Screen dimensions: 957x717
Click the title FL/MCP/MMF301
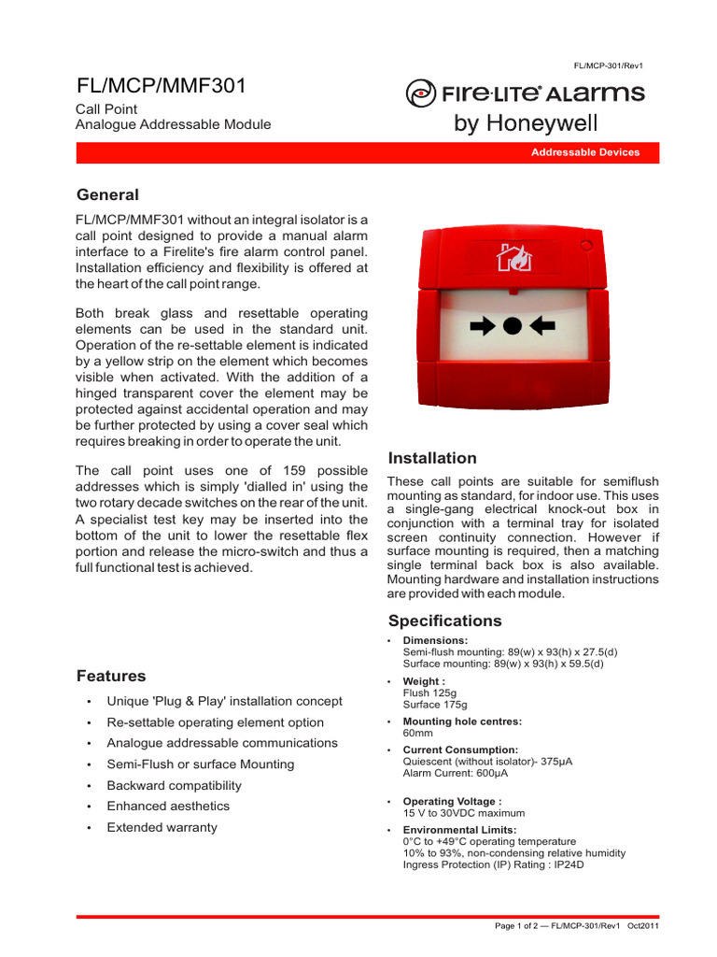161,87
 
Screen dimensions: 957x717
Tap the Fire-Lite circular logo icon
420,94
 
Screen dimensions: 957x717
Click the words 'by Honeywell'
526,123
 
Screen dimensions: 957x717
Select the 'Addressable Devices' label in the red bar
585,152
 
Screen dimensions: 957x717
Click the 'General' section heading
107,195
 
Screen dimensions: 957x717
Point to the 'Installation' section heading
431,458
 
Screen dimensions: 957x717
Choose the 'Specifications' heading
444,621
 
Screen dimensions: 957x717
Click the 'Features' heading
111,676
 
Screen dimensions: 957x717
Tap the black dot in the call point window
512,325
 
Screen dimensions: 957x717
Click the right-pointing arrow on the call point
484,325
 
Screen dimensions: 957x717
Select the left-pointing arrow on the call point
541,325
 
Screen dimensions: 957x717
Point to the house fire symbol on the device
513,258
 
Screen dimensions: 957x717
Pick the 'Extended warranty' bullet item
162,827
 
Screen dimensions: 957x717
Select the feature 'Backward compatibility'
174,785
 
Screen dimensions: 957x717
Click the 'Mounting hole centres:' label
462,721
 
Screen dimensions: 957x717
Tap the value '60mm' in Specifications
418,734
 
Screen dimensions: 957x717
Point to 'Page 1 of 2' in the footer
518,926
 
